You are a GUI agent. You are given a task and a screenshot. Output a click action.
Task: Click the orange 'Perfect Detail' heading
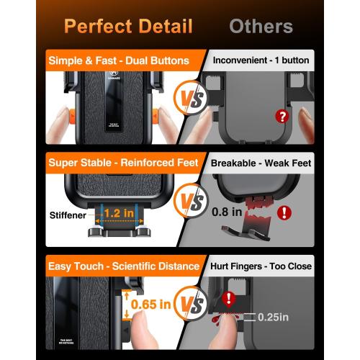[127, 27]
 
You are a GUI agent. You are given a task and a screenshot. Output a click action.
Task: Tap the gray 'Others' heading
[261, 27]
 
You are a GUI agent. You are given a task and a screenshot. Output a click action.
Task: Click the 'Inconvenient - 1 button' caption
[261, 61]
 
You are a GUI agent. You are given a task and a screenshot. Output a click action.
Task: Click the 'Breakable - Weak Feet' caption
[261, 163]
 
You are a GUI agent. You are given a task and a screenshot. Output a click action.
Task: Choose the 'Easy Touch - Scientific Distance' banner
[124, 266]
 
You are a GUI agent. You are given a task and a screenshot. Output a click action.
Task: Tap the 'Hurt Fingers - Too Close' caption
[261, 266]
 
